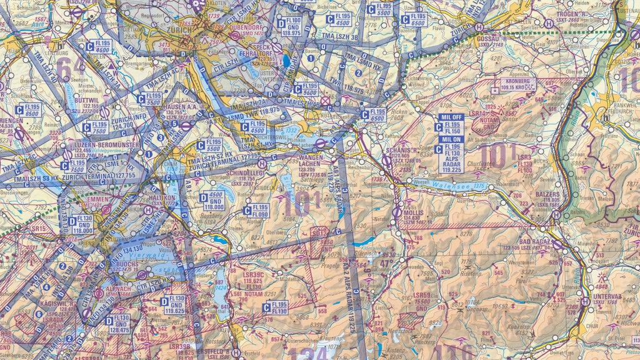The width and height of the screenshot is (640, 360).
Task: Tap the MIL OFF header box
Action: point(452,117)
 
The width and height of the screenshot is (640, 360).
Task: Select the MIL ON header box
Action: point(452,139)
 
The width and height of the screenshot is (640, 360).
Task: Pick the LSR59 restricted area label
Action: point(422,295)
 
